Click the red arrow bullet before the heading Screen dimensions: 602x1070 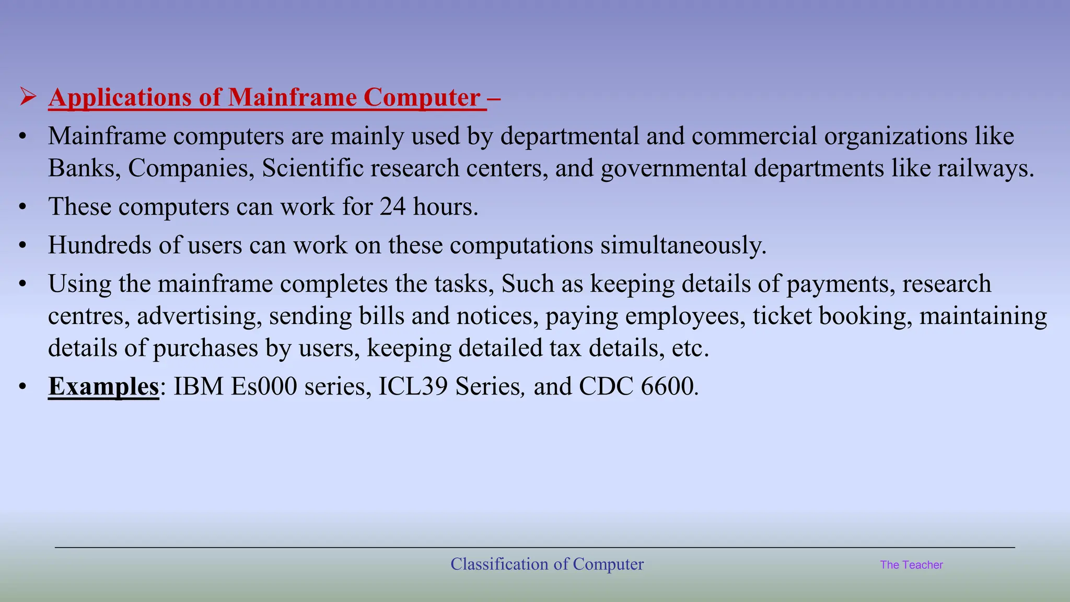coord(28,97)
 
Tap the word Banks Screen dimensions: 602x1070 coord(84,168)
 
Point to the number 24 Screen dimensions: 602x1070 coord(392,206)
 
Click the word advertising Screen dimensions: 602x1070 coord(200,316)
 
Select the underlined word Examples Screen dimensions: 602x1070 coord(103,387)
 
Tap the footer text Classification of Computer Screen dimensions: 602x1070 coord(547,564)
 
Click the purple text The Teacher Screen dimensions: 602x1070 coord(911,565)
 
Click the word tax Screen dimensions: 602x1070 coord(565,348)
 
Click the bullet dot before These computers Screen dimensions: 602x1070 coord(22,207)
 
